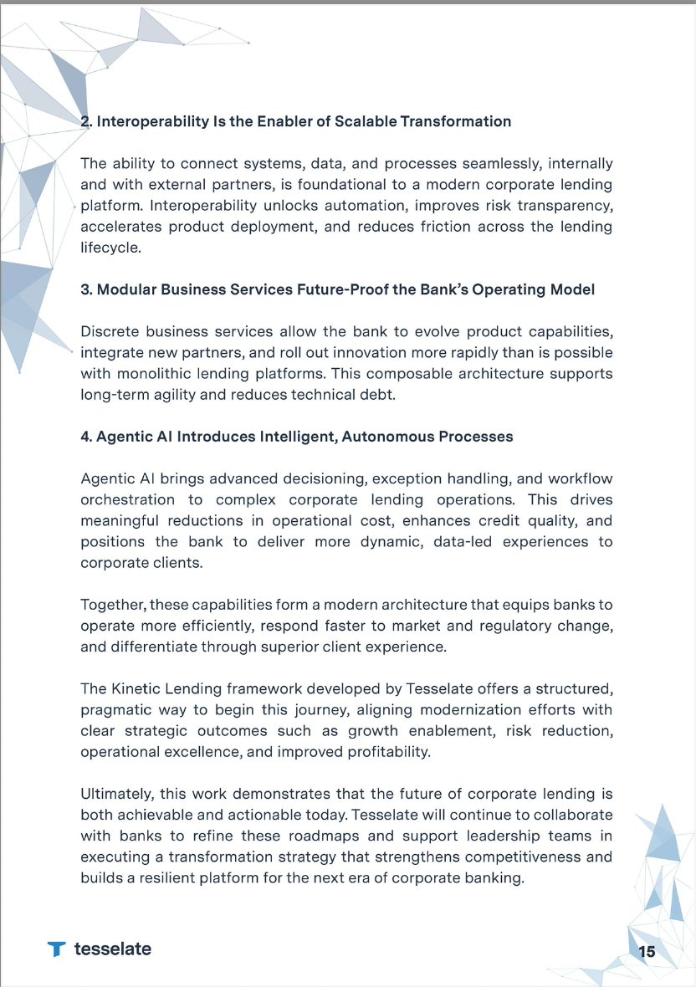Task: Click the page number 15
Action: (x=647, y=951)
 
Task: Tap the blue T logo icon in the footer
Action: (x=56, y=949)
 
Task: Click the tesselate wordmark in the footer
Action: (x=112, y=949)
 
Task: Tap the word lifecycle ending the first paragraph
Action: (x=110, y=248)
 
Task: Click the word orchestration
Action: (x=128, y=500)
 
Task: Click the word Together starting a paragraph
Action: (x=113, y=605)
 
